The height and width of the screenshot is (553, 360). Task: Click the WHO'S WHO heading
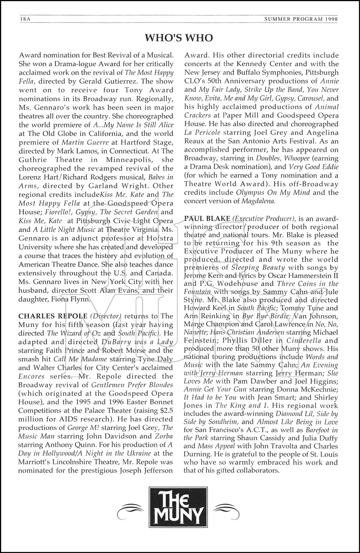(179, 38)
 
